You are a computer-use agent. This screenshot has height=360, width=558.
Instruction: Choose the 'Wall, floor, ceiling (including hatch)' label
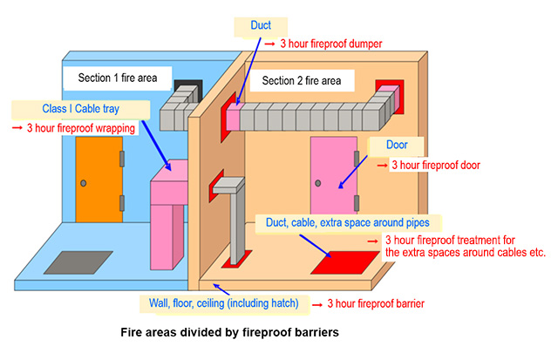[224, 303]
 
